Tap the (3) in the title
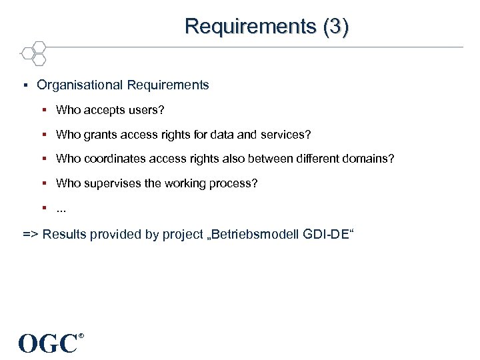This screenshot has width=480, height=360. (335, 26)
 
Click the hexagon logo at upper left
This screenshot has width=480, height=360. (33, 53)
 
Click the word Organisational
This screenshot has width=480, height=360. (80, 85)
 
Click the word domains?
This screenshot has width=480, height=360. (368, 159)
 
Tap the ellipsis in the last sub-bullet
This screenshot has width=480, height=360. (62, 208)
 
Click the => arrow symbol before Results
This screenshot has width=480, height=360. (31, 234)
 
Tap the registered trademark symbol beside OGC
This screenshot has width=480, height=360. (81, 335)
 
